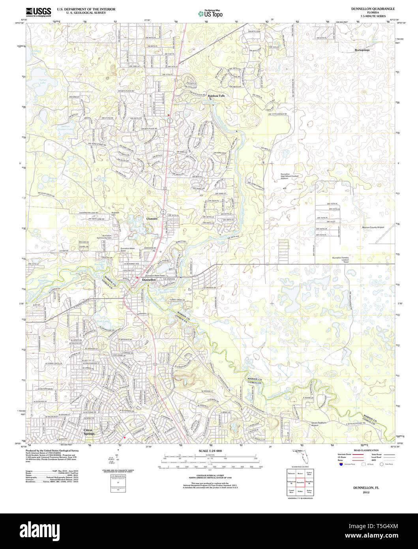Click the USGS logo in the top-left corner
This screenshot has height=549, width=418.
[x=38, y=12]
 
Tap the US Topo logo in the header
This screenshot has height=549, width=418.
[x=210, y=14]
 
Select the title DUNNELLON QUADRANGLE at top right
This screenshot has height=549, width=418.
[x=367, y=9]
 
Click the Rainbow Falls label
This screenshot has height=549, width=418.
[x=216, y=96]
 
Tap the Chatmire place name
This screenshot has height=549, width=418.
[x=152, y=218]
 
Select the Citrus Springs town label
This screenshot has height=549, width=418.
[x=89, y=432]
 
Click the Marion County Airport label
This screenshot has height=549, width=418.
[x=373, y=227]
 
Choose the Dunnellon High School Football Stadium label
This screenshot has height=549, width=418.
[x=290, y=177]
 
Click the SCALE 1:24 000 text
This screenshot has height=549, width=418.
[x=210, y=451]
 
